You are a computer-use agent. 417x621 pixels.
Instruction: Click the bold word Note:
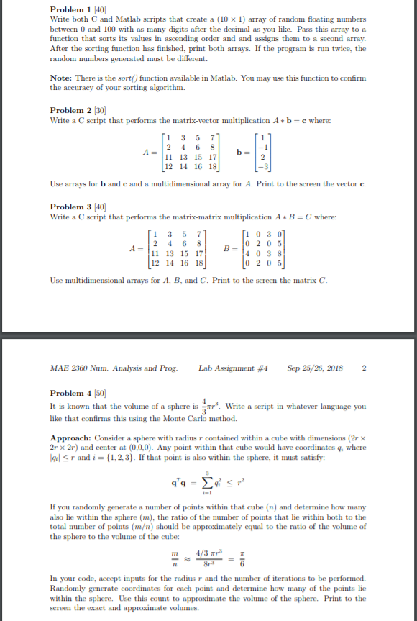tap(63, 78)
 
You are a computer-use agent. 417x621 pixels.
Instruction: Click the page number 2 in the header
tap(365, 368)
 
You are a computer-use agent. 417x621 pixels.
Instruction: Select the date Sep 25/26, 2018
tap(314, 368)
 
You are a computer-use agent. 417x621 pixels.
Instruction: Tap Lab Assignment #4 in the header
tap(233, 368)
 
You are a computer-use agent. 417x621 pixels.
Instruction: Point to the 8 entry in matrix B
tap(267, 253)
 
